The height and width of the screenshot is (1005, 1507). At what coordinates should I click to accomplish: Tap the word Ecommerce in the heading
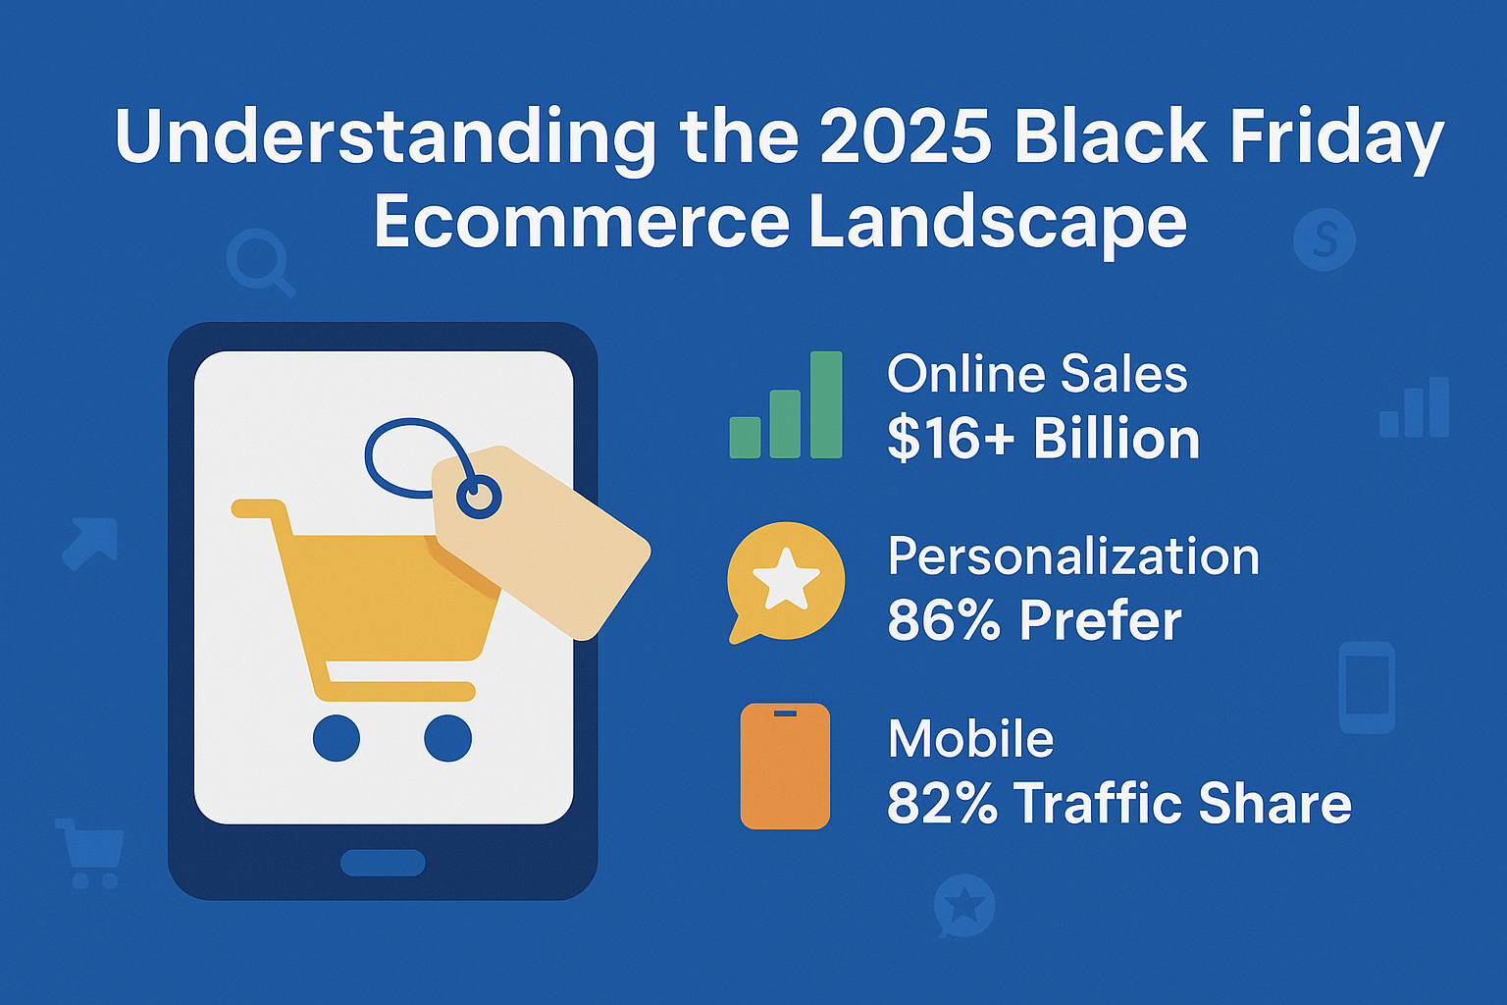point(581,221)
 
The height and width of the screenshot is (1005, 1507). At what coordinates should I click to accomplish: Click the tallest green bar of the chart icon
point(826,404)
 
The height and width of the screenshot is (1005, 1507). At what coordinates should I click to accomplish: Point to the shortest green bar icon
point(746,438)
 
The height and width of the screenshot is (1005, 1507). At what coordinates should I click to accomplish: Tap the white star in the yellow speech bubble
point(786,577)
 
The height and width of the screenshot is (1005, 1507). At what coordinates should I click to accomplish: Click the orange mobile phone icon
point(785,767)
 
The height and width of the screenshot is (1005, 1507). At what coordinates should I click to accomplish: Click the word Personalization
point(1073,556)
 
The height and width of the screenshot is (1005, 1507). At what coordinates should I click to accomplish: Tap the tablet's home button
point(383,863)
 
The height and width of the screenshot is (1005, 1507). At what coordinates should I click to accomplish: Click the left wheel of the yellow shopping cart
point(337,738)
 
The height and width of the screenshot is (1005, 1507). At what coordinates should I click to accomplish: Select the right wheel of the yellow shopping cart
point(448,738)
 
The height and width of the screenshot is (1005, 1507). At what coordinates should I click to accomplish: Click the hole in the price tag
point(479,497)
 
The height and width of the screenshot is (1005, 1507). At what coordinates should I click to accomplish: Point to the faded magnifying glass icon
point(259,263)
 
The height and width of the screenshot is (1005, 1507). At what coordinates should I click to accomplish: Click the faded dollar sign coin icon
point(1325,239)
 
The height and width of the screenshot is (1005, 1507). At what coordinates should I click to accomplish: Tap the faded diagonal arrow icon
point(90,543)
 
